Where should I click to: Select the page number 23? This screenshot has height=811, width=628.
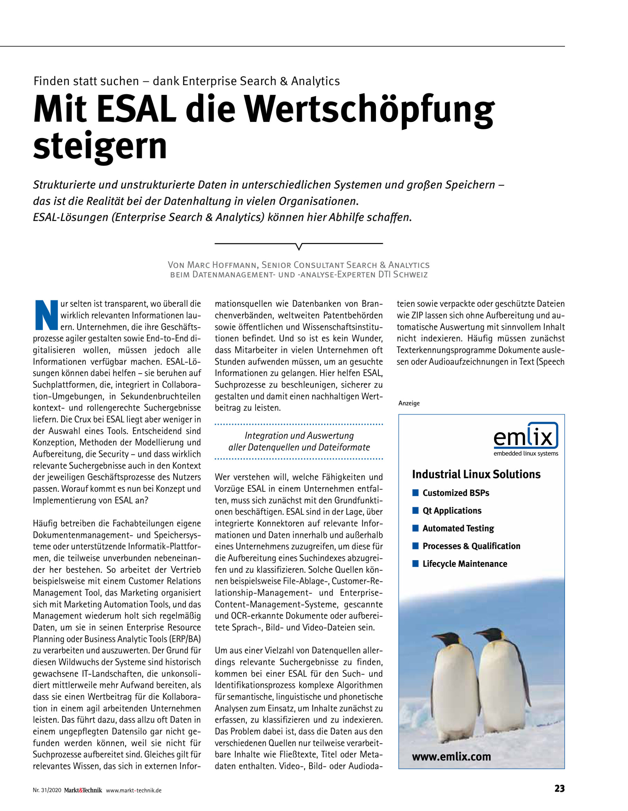click(x=559, y=788)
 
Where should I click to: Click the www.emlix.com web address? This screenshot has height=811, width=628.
click(x=451, y=757)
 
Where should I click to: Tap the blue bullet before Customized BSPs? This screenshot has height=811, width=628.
click(x=415, y=493)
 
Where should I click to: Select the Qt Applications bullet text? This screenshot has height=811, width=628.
click(x=452, y=511)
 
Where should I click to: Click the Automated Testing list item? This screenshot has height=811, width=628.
click(x=458, y=528)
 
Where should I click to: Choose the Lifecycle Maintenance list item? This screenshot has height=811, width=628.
click(x=465, y=564)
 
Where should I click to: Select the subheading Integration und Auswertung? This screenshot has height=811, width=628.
click(x=299, y=436)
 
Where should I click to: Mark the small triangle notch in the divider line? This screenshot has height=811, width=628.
click(x=299, y=246)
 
